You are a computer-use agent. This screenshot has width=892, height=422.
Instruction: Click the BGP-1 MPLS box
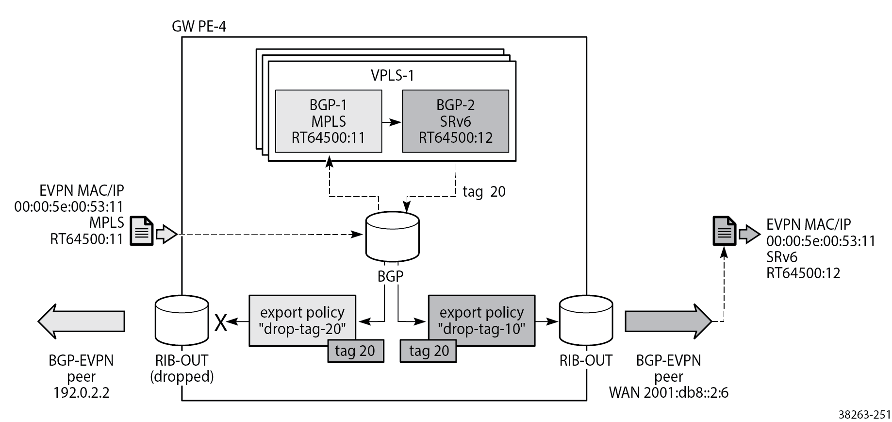[x=329, y=121]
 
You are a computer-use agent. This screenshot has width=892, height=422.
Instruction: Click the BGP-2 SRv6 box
[x=455, y=121]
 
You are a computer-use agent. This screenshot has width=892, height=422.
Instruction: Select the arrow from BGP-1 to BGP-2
[x=392, y=122]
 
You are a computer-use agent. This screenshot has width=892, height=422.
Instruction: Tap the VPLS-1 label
[x=392, y=76]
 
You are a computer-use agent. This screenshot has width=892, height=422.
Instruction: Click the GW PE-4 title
[x=199, y=26]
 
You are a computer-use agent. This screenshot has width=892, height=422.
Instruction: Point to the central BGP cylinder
[x=392, y=236]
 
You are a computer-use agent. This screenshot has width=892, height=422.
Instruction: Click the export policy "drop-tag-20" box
[x=302, y=321]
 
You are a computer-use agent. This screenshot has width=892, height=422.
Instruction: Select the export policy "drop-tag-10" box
[x=481, y=321]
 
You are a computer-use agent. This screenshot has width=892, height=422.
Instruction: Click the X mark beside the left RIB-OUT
[x=221, y=322]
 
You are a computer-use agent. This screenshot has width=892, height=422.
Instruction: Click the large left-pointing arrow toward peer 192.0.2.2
[x=81, y=321]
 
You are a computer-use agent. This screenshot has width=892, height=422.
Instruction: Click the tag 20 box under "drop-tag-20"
[x=355, y=351]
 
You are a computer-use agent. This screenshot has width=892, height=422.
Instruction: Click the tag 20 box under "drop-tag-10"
[x=428, y=351]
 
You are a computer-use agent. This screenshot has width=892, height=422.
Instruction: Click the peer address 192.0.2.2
[x=81, y=392]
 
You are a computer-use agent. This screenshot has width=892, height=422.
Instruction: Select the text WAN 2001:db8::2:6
[x=668, y=392]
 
